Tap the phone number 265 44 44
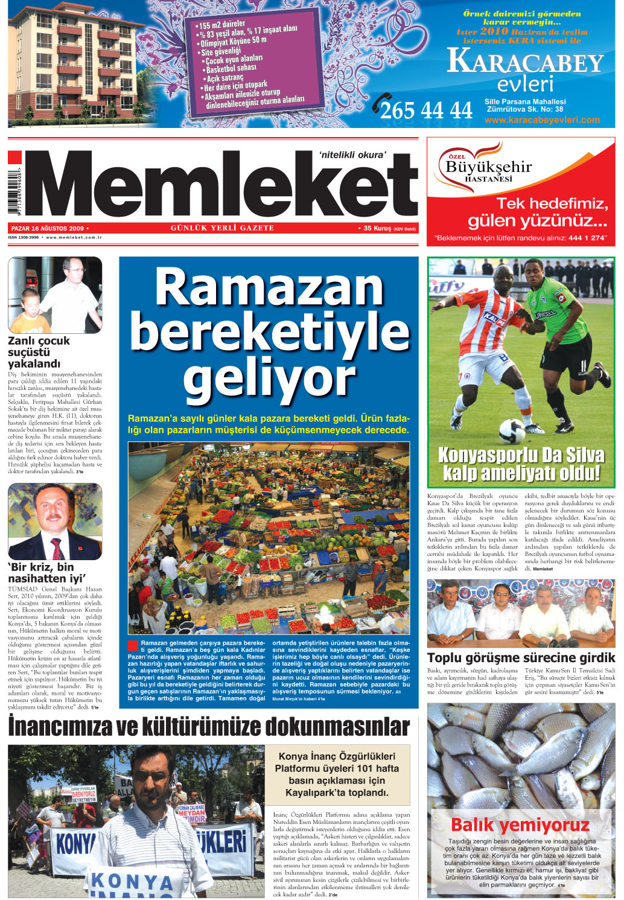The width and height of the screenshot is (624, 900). point(426,110)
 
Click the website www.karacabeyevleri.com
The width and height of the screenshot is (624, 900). point(542,120)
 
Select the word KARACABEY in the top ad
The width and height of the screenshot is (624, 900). point(525,63)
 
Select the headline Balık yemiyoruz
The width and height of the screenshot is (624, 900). point(520,825)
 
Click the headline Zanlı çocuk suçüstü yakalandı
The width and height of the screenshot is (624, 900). point(39,352)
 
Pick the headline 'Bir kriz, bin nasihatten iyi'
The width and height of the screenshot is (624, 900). point(46,572)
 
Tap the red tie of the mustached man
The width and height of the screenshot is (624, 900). point(57,548)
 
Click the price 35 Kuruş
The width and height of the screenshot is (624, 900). point(377,229)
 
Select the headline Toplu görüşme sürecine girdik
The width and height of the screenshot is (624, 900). point(521,657)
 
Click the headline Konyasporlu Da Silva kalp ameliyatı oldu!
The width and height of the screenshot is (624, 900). point(521,464)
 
